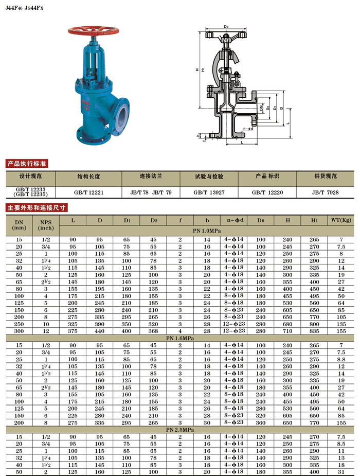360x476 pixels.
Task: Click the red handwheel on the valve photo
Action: point(93,30)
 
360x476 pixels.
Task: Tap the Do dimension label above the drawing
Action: point(226,27)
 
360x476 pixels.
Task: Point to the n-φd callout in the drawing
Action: point(248,129)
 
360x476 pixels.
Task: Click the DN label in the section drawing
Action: point(261,108)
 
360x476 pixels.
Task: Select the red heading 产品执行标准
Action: point(27,164)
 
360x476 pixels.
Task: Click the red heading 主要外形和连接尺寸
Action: point(37,208)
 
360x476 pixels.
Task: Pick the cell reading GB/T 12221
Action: point(88,192)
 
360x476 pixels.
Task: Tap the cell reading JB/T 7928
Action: point(325,192)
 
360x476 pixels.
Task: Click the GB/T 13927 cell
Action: point(209,192)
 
